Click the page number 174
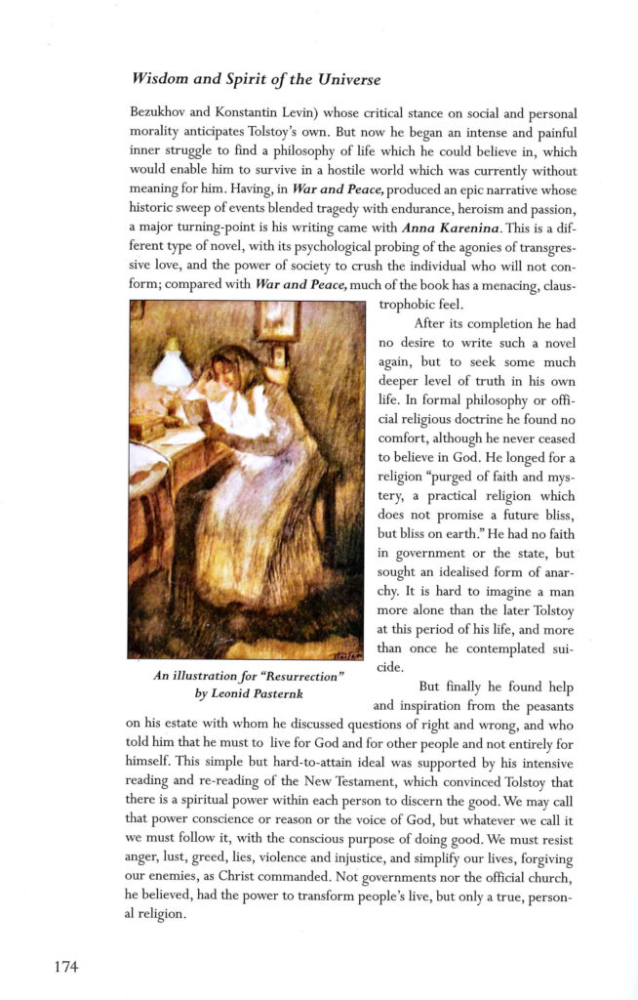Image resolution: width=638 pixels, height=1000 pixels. pyautogui.click(x=66, y=967)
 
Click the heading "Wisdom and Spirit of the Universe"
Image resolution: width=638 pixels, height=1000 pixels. pyautogui.click(x=256, y=78)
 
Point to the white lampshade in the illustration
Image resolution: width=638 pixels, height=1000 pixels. pyautogui.click(x=172, y=369)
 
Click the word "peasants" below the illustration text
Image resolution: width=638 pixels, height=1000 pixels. pyautogui.click(x=547, y=704)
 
